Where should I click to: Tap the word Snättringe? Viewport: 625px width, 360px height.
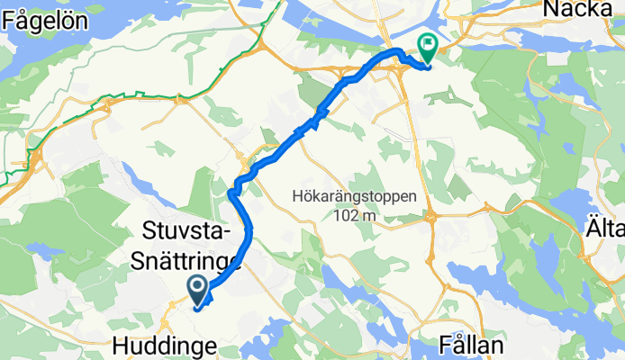(186, 260)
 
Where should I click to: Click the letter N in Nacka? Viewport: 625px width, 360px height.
(548, 10)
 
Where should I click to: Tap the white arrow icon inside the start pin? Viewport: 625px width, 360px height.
(198, 286)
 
